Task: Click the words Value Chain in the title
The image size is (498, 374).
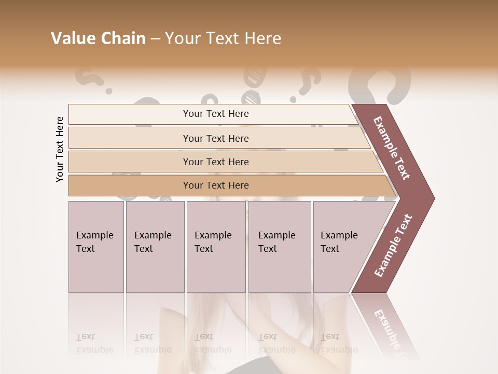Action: [98, 38]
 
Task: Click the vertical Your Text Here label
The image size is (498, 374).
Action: [60, 149]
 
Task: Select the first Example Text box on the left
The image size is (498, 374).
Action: [96, 246]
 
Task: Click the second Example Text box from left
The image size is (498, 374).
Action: [155, 246]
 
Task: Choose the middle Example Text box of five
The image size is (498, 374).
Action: [216, 246]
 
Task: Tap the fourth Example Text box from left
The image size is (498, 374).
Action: [279, 246]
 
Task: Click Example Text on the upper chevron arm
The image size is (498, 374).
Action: [392, 149]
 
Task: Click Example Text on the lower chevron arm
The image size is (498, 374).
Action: [393, 246]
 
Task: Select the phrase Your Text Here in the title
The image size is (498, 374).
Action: [223, 38]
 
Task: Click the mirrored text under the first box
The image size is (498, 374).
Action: [95, 343]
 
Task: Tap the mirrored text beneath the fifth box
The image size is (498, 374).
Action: [339, 343]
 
